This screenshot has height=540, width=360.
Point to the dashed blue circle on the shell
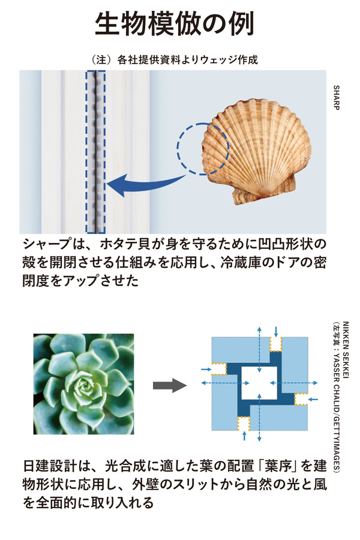coord(202,149)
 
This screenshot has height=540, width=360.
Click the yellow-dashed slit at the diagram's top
coord(276,344)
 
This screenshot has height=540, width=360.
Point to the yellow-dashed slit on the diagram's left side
coord(218,368)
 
